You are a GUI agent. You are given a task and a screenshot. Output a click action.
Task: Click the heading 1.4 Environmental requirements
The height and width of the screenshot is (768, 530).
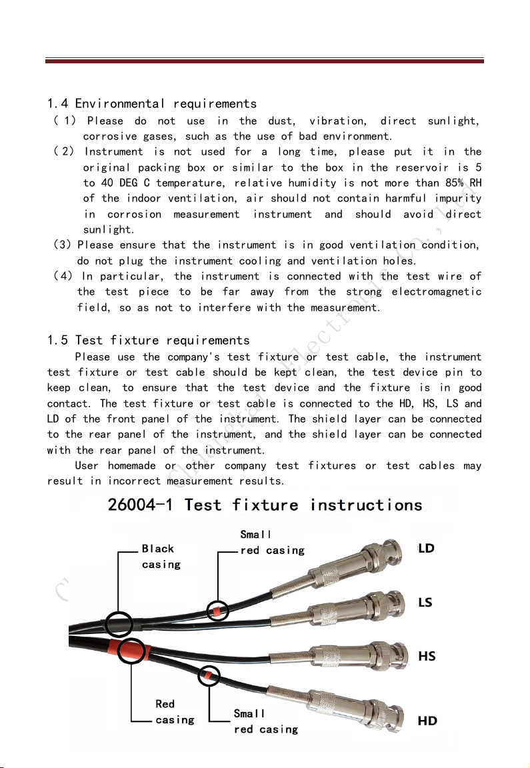click(152, 104)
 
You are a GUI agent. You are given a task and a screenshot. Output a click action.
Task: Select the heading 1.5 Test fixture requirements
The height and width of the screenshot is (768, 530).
click(149, 341)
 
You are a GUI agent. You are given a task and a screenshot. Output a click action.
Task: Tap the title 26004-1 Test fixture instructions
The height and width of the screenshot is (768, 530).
click(265, 505)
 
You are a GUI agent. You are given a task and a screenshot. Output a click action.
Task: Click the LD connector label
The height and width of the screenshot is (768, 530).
click(426, 548)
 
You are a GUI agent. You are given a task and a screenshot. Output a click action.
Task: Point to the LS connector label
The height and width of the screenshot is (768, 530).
click(425, 602)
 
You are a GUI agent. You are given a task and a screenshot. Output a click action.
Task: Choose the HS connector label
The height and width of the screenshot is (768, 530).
click(427, 656)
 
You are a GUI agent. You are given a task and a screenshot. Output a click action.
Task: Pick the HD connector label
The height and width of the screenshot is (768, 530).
click(427, 721)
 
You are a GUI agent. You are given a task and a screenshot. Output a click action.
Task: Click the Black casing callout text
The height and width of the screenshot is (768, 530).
click(161, 557)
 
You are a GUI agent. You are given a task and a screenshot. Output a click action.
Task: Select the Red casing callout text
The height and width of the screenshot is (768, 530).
click(175, 712)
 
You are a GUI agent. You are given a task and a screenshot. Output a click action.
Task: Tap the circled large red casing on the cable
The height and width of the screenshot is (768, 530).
click(131, 651)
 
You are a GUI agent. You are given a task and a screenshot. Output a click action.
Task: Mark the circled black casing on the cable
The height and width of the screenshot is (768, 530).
click(119, 625)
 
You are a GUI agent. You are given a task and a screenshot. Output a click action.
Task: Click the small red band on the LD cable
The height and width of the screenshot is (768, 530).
click(217, 611)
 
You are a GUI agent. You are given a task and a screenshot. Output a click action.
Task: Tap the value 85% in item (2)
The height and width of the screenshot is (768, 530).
click(455, 183)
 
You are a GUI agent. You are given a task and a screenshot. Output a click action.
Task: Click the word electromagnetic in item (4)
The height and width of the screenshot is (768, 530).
click(437, 292)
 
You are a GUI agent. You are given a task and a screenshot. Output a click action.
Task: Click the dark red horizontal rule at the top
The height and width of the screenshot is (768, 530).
click(265, 61)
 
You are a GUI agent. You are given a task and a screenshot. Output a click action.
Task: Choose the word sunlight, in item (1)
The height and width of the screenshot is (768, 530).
click(453, 121)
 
